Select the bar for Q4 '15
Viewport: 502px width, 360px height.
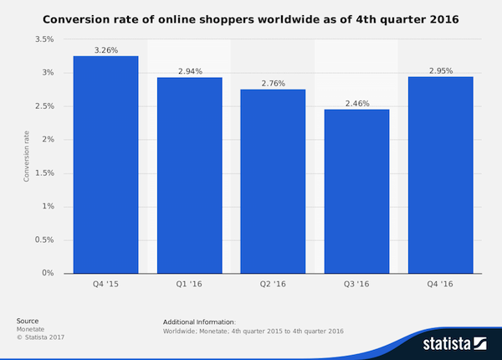click(105, 164)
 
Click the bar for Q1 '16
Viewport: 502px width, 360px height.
click(189, 175)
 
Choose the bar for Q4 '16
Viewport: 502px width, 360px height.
click(440, 175)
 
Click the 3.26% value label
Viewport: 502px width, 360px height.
click(105, 49)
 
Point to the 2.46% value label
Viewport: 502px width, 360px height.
click(356, 103)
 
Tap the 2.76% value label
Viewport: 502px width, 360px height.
click(273, 83)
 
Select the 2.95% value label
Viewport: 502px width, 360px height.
click(440, 70)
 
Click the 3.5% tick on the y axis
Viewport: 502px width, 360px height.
click(44, 39)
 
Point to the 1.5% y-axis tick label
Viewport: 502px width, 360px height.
click(44, 173)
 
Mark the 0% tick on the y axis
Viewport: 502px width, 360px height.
click(48, 274)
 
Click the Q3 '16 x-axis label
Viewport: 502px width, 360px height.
click(356, 285)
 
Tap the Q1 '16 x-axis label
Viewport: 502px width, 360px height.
click(189, 285)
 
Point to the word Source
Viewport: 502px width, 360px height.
click(27, 321)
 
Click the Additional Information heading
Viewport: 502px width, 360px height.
click(200, 321)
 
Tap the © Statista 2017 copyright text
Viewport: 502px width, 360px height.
click(40, 337)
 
